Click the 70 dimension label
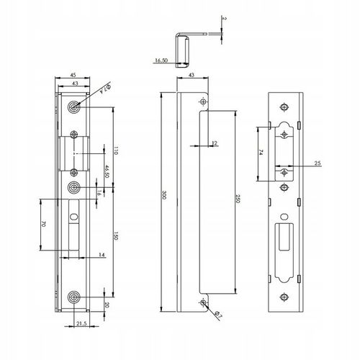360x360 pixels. [43, 225]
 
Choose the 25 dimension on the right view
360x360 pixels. [318, 164]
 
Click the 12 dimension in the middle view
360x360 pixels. [215, 143]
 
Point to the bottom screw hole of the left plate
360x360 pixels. [74, 298]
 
